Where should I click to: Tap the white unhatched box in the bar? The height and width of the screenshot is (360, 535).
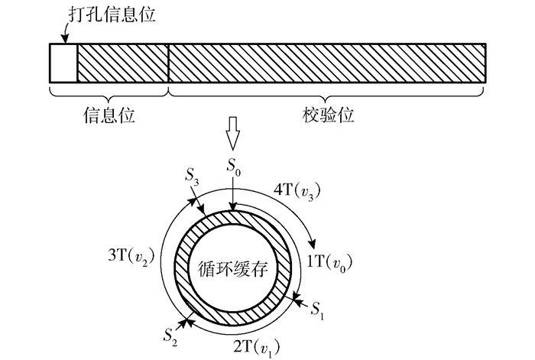(63, 63)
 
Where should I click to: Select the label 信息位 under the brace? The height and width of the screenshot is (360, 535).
(109, 116)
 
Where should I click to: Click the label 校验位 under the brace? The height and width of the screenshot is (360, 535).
(328, 116)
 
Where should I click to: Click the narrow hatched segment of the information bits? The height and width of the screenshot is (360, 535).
(122, 63)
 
